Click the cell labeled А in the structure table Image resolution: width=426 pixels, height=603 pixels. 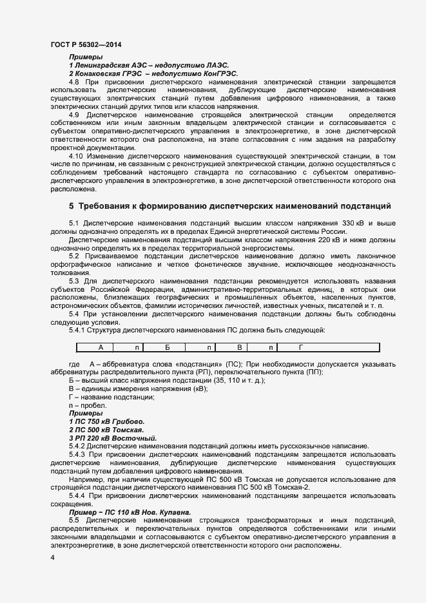tap(101, 347)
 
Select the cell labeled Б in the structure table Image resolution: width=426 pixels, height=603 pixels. tap(167, 347)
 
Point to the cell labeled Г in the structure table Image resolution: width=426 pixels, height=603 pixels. tap(300, 347)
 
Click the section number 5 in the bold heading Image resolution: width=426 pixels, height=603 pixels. tap(72, 207)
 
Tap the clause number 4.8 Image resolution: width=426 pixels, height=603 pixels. tap(74, 82)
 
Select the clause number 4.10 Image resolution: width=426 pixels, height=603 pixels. tap(76, 157)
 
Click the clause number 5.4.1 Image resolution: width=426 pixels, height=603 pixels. tap(79, 330)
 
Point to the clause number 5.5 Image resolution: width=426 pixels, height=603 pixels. tap(74, 519)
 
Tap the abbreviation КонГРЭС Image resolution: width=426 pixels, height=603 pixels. tap(215, 74)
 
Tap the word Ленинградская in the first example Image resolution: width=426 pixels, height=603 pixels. tap(101, 66)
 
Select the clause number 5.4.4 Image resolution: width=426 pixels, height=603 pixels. tap(79, 495)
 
